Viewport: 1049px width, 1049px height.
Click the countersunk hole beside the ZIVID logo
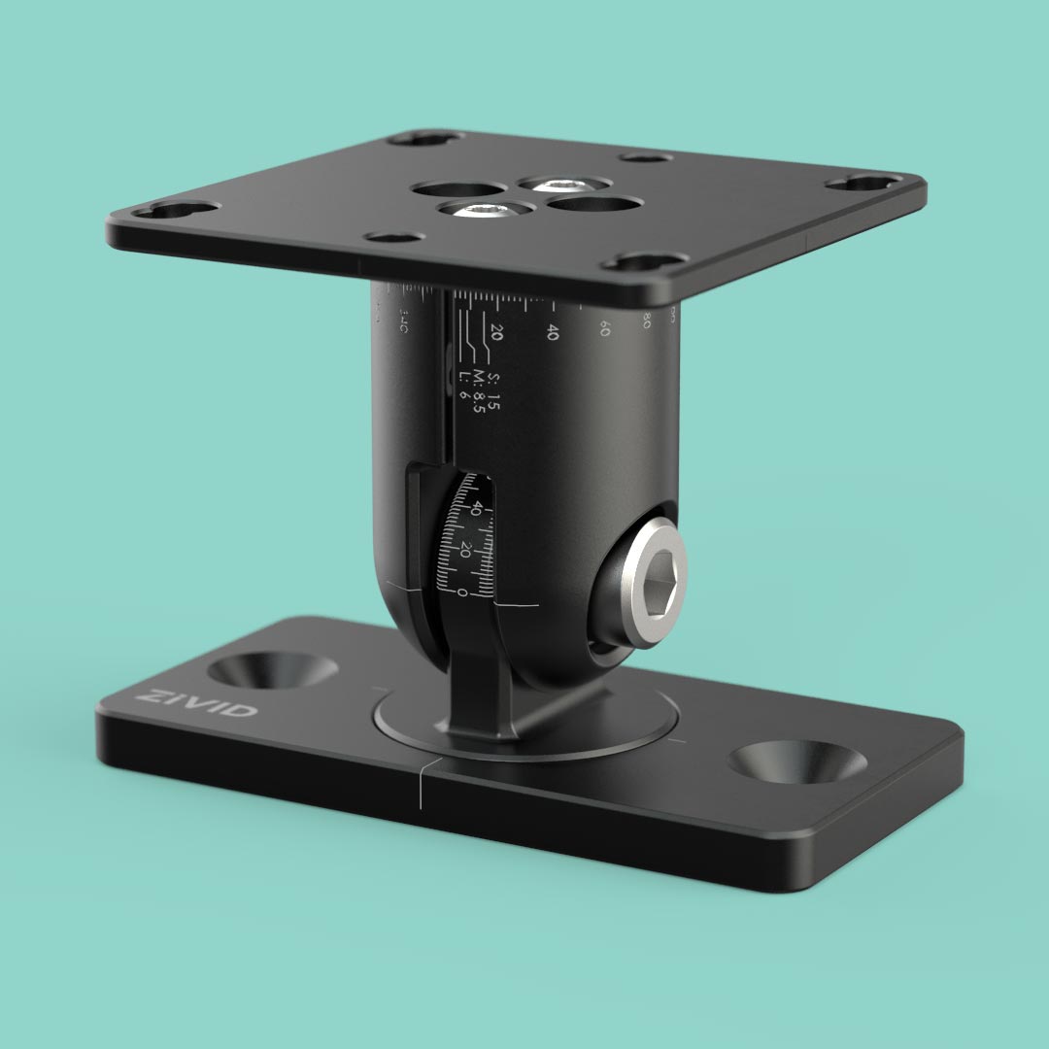tap(273, 670)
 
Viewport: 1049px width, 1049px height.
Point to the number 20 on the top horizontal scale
tap(497, 330)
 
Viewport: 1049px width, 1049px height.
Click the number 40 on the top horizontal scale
tap(553, 332)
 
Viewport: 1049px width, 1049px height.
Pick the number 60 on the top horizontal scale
tap(604, 329)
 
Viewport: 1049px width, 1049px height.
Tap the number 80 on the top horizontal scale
tap(645, 320)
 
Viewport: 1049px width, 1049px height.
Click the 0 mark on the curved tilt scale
tap(462, 591)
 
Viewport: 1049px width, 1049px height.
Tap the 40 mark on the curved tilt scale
tap(477, 507)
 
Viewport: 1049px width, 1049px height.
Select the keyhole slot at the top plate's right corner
tap(863, 182)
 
